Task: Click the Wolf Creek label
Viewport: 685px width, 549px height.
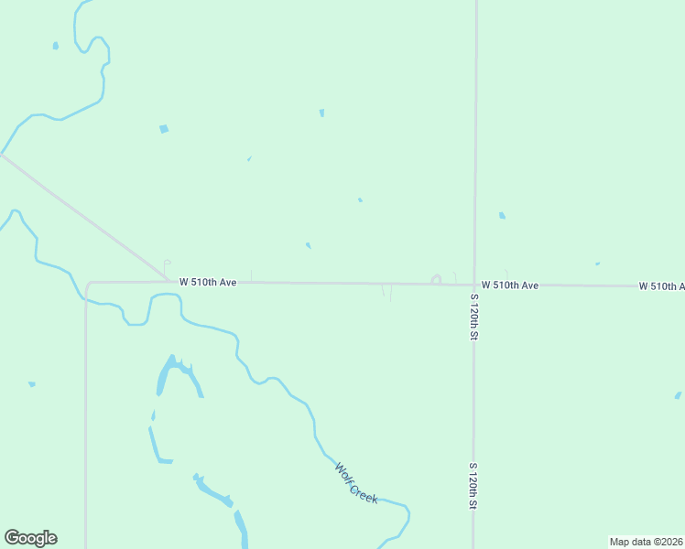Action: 356,482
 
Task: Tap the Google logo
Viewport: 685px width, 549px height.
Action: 30,538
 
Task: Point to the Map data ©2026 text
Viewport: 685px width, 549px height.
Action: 647,542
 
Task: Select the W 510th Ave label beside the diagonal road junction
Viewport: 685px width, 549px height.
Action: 208,283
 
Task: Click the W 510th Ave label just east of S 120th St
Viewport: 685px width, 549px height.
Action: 510,285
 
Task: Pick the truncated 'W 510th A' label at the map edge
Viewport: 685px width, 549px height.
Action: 661,286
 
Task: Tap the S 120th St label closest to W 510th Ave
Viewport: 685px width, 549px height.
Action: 474,317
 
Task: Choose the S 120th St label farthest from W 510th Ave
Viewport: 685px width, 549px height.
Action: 473,486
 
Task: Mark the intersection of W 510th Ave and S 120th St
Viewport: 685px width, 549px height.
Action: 474,285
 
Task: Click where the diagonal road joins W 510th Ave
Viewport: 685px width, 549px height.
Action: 168,281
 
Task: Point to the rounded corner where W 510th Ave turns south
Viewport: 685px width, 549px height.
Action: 89,285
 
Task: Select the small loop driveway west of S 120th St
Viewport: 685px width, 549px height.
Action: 437,279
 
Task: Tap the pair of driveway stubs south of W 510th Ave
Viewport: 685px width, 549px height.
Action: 387,293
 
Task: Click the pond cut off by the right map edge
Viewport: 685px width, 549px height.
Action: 679,395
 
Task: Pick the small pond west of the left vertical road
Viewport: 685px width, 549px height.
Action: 32,384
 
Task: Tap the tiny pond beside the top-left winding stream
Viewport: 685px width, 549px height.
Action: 56,46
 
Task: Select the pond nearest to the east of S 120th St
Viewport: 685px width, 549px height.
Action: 502,216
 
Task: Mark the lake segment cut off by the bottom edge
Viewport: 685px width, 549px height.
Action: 242,529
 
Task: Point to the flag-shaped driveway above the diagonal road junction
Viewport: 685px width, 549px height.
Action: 166,264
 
